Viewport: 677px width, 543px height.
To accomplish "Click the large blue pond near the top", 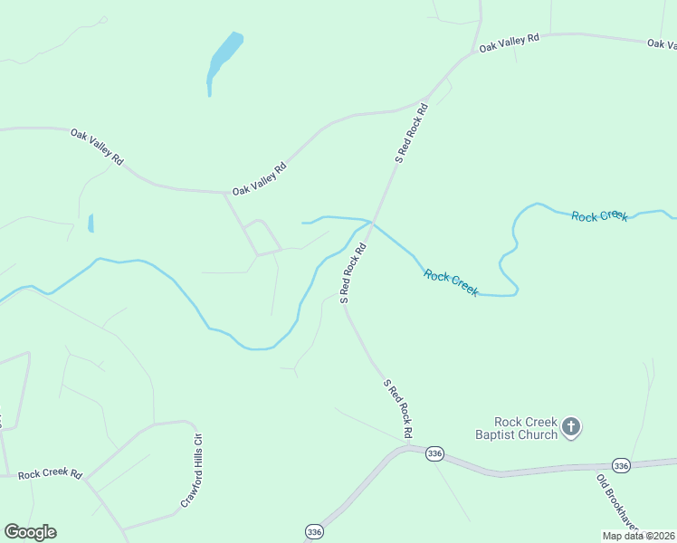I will [x=224, y=56].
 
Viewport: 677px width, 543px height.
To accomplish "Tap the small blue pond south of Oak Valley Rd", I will [x=91, y=223].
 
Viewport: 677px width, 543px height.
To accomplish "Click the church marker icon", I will [x=570, y=426].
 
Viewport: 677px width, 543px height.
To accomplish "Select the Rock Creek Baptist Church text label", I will [x=525, y=427].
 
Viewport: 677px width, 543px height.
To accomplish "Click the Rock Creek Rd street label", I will [x=50, y=473].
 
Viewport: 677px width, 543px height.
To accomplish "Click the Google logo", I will [x=30, y=532].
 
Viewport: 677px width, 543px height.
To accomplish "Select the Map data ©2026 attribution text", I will [x=638, y=536].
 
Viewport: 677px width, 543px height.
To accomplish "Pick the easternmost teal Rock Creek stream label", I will [x=599, y=215].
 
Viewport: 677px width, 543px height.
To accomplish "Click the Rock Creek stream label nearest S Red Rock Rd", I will [x=451, y=283].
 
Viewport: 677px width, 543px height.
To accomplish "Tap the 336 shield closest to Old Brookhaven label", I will [x=620, y=465].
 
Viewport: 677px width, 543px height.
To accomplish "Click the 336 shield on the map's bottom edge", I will [x=313, y=530].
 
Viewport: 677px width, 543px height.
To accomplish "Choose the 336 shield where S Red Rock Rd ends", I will [x=434, y=453].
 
